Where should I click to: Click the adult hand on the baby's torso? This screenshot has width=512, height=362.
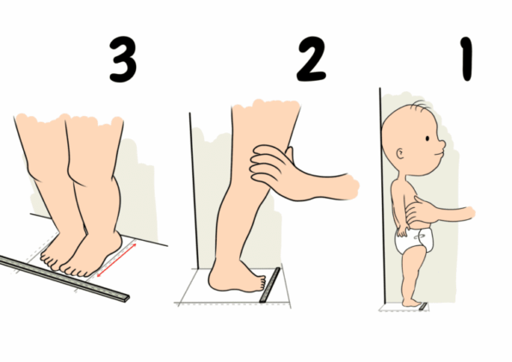[416, 210]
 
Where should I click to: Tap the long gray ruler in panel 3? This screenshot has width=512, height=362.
[65, 275]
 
